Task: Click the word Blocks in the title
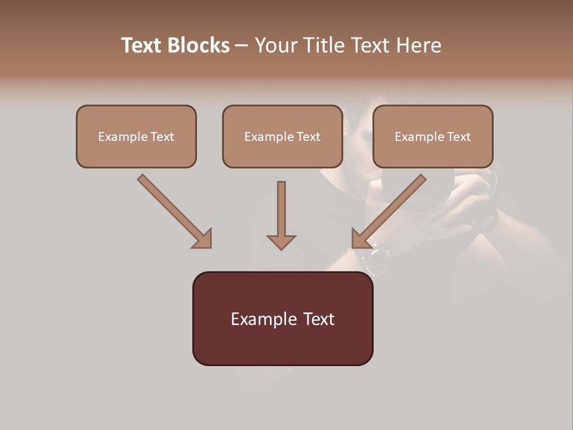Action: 198,45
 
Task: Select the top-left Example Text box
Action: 136,136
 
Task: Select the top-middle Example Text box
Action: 282,136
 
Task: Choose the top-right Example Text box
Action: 433,136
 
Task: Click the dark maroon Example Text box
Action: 282,318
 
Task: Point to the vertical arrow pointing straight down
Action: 281,212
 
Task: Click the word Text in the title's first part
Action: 142,45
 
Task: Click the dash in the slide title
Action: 242,45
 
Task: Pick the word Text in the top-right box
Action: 458,137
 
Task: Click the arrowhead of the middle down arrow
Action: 281,241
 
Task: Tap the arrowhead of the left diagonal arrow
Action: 203,239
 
